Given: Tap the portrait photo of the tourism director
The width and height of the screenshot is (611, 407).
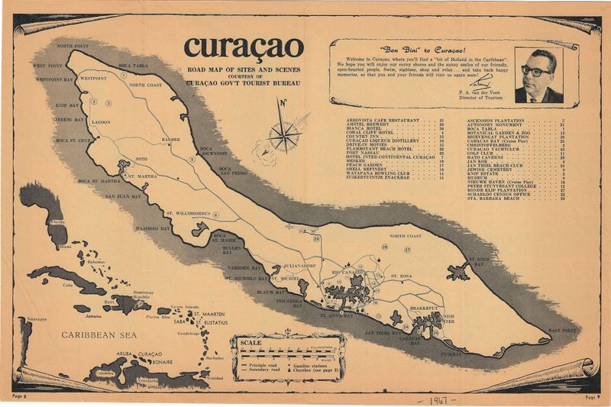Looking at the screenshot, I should (x=538, y=76).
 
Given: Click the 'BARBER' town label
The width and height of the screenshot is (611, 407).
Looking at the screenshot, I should (x=171, y=140).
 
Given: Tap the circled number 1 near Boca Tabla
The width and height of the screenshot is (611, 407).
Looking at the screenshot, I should (x=121, y=78).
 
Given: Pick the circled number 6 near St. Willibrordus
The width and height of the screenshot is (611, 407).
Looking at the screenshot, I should (x=216, y=215).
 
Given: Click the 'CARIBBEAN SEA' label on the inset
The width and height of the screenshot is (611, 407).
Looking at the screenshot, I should (x=99, y=334).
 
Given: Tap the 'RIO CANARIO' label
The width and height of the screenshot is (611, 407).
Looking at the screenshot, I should (x=347, y=271).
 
